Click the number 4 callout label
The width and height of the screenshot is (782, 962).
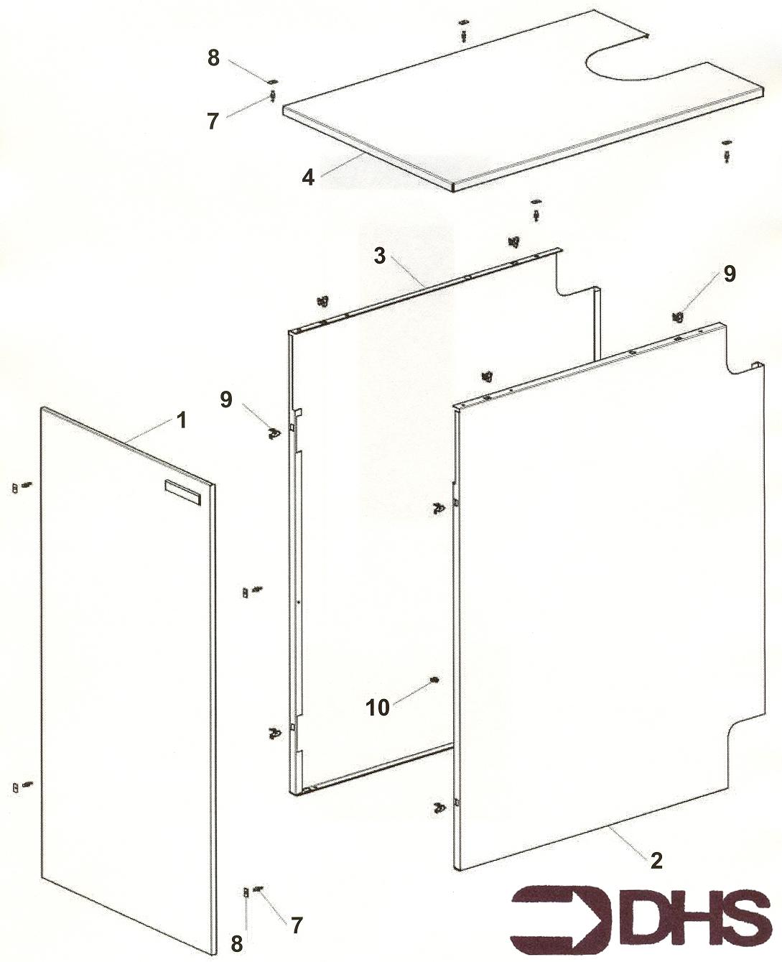click(308, 177)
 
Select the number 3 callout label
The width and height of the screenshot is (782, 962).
click(380, 256)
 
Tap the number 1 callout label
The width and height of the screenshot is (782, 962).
click(181, 420)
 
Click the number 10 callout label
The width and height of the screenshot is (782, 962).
click(378, 708)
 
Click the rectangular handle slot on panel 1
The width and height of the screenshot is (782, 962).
click(182, 493)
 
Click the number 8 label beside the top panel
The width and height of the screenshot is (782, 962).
click(213, 58)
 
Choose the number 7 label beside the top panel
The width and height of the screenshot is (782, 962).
click(213, 121)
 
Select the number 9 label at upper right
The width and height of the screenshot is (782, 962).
click(730, 274)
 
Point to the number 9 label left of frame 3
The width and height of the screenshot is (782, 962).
click(225, 399)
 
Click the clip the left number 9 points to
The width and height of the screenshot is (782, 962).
click(273, 433)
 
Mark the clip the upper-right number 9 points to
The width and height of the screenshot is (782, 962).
click(677, 318)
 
